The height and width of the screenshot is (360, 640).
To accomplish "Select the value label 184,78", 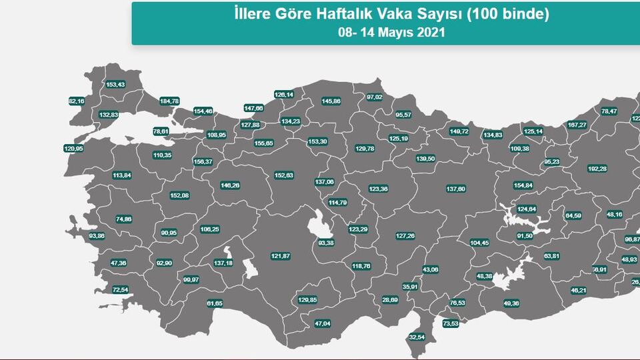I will click(169, 101).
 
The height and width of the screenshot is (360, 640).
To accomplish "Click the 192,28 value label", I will click(597, 169).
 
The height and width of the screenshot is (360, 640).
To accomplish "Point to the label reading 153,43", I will click(115, 85).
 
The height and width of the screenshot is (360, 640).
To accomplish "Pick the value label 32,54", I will click(417, 337).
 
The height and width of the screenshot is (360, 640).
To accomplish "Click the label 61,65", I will click(215, 303).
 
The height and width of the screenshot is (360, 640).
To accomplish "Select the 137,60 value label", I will click(456, 189).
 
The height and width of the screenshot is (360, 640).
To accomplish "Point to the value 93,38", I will click(326, 243).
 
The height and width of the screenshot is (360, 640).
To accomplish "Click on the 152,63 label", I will click(284, 175).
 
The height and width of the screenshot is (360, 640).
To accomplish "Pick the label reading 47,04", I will click(322, 323).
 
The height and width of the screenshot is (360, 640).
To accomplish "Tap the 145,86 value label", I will click(331, 101).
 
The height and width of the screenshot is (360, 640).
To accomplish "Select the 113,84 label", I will click(122, 175).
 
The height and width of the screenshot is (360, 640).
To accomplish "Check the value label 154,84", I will click(523, 185).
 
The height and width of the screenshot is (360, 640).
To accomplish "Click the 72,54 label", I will click(120, 289).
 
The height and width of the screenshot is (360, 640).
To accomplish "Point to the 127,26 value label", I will click(405, 235).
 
